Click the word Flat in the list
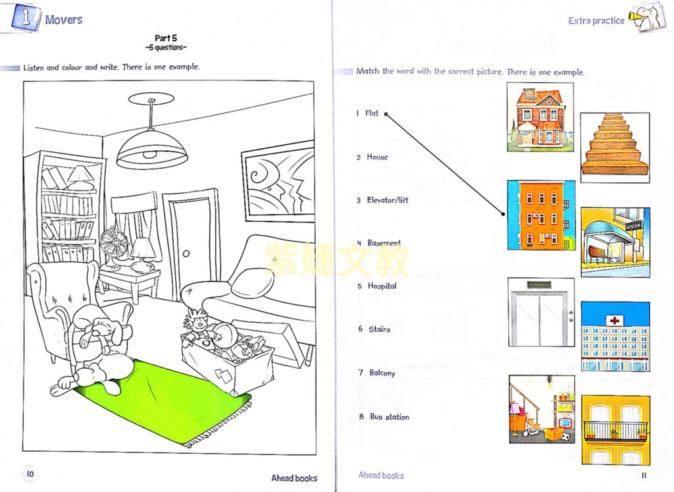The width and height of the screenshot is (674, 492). pyautogui.click(x=372, y=113)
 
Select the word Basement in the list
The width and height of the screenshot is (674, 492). pyautogui.click(x=384, y=243)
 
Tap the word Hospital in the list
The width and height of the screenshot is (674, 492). pyautogui.click(x=382, y=286)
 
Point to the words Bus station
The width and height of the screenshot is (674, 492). pyautogui.click(x=390, y=417)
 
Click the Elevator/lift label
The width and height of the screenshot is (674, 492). pyautogui.click(x=387, y=200)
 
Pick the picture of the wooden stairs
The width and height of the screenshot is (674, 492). pyautogui.click(x=615, y=148)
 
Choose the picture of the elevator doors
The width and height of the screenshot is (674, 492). pyautogui.click(x=541, y=312)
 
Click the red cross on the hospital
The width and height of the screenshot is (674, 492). pyautogui.click(x=615, y=320)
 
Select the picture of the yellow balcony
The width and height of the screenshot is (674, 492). pyautogui.click(x=615, y=430)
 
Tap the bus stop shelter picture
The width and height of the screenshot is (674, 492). pyautogui.click(x=615, y=242)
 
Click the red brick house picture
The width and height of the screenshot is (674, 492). pyautogui.click(x=540, y=117)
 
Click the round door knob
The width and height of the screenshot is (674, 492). pyautogui.click(x=186, y=254)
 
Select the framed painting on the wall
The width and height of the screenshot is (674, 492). pyautogui.click(x=278, y=182)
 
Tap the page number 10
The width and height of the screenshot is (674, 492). pyautogui.click(x=30, y=474)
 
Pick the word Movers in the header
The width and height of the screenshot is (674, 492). pyautogui.click(x=64, y=19)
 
